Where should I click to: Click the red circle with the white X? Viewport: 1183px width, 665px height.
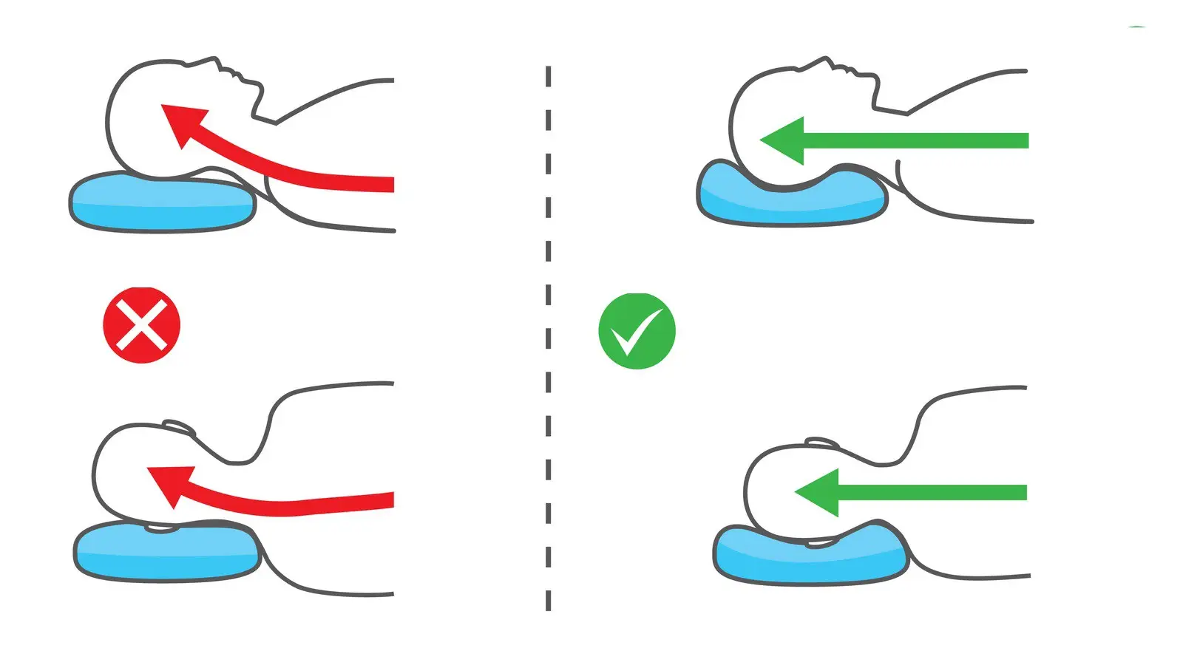click(x=141, y=325)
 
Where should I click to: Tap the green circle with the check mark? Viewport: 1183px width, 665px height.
click(x=637, y=331)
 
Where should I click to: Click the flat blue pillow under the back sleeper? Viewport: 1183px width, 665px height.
click(x=163, y=203)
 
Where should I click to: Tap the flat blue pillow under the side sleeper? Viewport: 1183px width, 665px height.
click(x=166, y=554)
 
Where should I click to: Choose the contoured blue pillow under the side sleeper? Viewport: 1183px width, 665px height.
click(x=810, y=558)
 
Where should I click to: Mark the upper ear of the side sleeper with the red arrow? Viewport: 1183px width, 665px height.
click(x=178, y=427)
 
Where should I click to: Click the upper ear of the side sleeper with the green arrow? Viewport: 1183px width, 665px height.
click(x=821, y=442)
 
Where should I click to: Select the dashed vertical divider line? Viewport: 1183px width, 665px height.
click(x=548, y=340)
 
